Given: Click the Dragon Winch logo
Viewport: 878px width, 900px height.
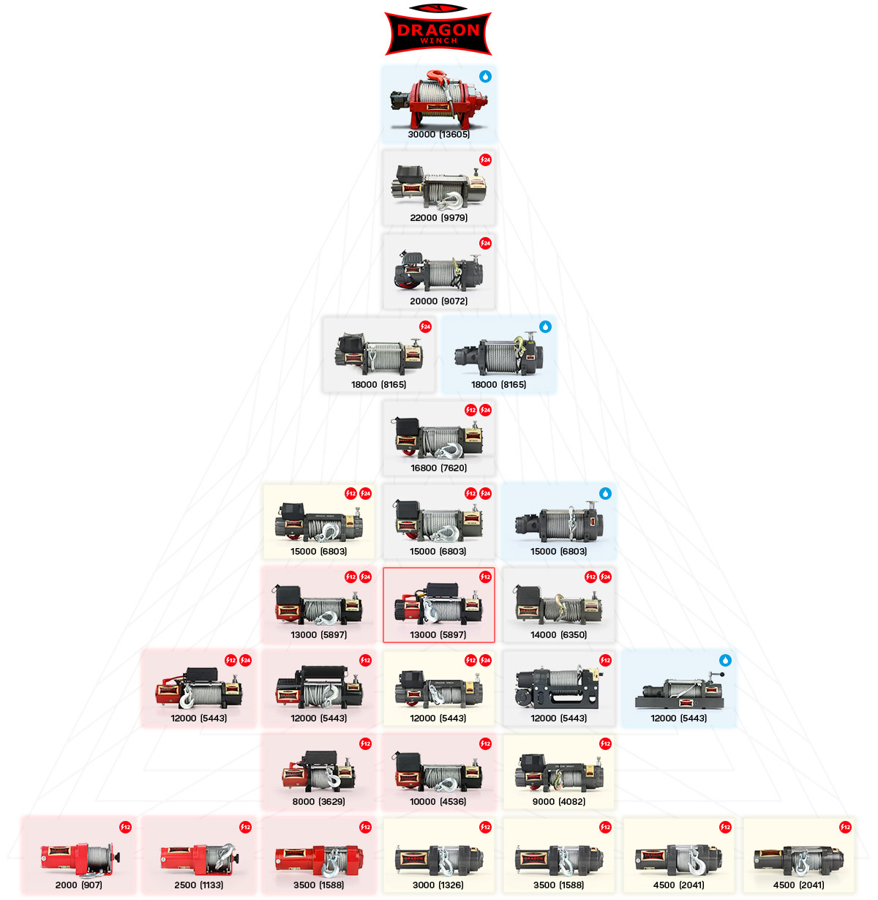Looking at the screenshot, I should coord(438,31).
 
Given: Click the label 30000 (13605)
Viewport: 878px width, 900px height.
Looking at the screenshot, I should coord(438,135).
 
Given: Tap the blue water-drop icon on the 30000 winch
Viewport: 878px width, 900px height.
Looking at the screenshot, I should coord(485,76).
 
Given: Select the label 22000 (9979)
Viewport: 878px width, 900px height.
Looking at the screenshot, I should coord(438,218).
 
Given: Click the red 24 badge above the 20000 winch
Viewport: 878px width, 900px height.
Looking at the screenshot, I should coord(485,243).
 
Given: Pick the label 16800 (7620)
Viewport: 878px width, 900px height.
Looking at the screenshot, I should coord(438,468).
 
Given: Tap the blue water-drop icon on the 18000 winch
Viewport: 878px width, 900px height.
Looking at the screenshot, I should coord(545,326).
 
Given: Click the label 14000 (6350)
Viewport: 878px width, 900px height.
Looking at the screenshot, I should coord(558,635).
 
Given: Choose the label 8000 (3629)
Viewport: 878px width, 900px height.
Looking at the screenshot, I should coord(318,802).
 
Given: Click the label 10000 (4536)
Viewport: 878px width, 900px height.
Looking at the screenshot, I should coord(438,802).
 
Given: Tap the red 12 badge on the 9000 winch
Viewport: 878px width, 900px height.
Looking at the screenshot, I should coord(605,743).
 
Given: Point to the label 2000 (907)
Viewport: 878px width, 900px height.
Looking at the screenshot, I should coord(78,885).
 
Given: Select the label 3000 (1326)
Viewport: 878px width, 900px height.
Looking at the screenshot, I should coord(438,885).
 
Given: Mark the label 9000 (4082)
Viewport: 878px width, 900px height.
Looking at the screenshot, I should coord(558,802).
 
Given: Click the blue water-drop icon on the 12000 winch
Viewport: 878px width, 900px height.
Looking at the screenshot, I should coord(725,660).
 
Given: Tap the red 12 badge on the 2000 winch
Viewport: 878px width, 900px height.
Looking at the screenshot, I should coord(125,827).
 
